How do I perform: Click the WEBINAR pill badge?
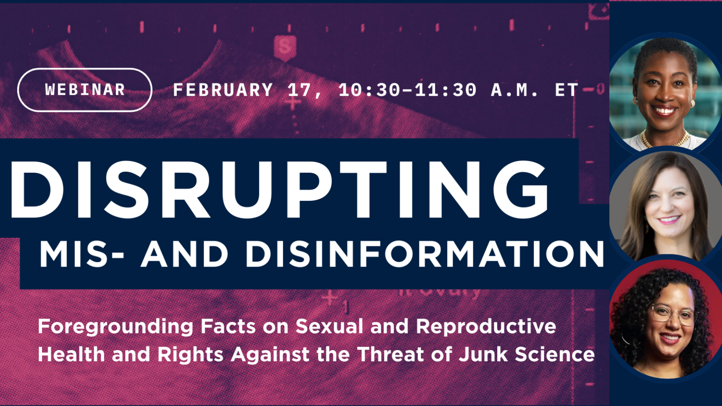pyautogui.click(x=85, y=90)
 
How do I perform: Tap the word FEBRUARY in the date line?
pyautogui.click(x=223, y=90)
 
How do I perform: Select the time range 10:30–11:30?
pyautogui.click(x=407, y=90)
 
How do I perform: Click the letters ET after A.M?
pyautogui.click(x=566, y=90)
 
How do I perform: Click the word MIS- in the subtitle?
pyautogui.click(x=82, y=254)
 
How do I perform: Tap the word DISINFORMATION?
pyautogui.click(x=425, y=254)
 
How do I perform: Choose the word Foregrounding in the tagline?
pyautogui.click(x=116, y=327)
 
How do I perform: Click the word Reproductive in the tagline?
pyautogui.click(x=486, y=327)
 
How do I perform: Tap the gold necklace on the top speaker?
pyautogui.click(x=666, y=140)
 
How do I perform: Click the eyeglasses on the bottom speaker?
pyautogui.click(x=673, y=314)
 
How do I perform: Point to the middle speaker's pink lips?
pyautogui.click(x=669, y=220)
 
